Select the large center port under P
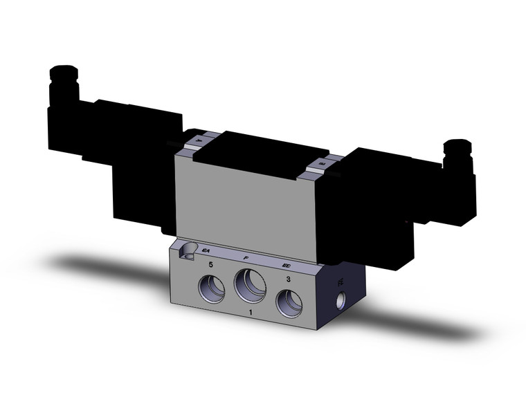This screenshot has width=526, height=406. [x=249, y=284]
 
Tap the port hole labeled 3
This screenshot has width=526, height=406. [x=289, y=302]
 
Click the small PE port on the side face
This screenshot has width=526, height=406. [x=340, y=302]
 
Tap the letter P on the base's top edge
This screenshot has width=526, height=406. [x=246, y=257]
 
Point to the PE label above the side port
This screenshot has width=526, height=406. [x=340, y=283]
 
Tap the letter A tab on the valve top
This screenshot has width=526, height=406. [x=199, y=141]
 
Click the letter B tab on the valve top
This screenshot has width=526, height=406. [x=322, y=164]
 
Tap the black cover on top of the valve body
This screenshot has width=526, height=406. [x=260, y=152]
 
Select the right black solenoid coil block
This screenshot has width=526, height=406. [x=377, y=207]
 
